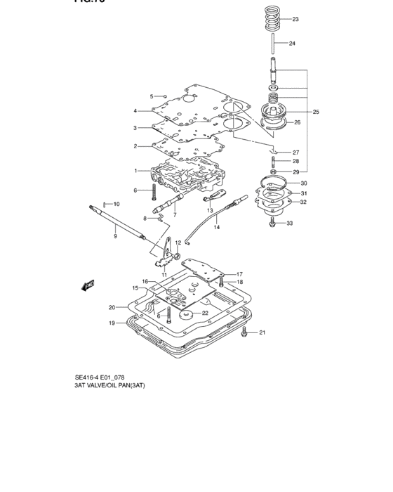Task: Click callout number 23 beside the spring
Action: (295, 19)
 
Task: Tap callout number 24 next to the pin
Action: (293, 44)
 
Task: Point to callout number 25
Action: (316, 112)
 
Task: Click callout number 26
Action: (296, 122)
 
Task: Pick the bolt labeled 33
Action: (272, 224)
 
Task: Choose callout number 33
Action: (289, 224)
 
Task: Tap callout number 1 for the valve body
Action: (137, 171)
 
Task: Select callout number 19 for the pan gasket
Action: (112, 323)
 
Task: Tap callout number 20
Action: (112, 307)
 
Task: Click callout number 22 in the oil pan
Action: (205, 313)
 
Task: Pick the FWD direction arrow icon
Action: (89, 285)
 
